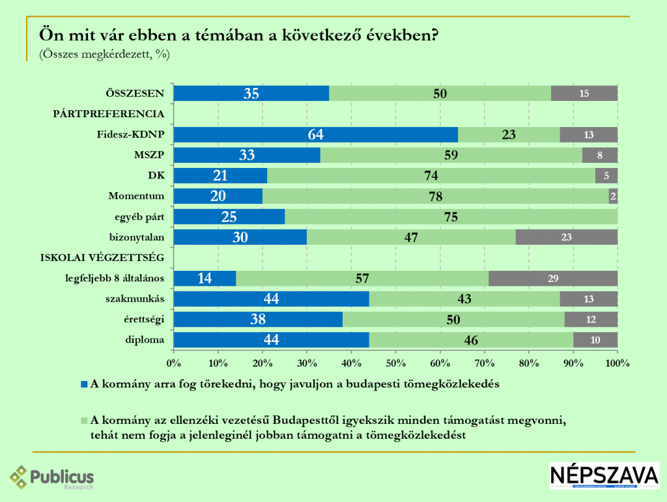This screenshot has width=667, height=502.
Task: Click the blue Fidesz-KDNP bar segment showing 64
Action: pyautogui.click(x=316, y=135)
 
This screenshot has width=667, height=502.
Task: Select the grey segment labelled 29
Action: pyautogui.click(x=552, y=279)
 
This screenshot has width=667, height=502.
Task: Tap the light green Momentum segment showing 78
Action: pyautogui.click(x=435, y=196)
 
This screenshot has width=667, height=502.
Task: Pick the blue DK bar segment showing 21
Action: pyautogui.click(x=221, y=176)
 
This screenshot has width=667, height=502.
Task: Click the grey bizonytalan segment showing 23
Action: pyautogui.click(x=566, y=237)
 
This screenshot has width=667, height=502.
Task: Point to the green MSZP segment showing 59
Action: pyautogui.click(x=451, y=156)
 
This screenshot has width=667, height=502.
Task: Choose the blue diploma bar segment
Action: pyautogui.click(x=271, y=340)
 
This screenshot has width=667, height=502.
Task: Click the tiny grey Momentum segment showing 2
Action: pyautogui.click(x=613, y=196)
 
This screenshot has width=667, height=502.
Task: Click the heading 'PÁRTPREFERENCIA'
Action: pyautogui.click(x=108, y=114)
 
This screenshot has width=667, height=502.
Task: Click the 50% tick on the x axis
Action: pyautogui.click(x=395, y=362)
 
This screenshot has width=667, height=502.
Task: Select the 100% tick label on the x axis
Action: pyautogui.click(x=617, y=362)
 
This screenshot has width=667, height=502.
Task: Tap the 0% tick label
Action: pyautogui.click(x=173, y=362)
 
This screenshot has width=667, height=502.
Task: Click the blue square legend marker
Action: pyautogui.click(x=83, y=384)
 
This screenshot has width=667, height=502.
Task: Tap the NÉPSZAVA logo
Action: pyautogui.click(x=604, y=475)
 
